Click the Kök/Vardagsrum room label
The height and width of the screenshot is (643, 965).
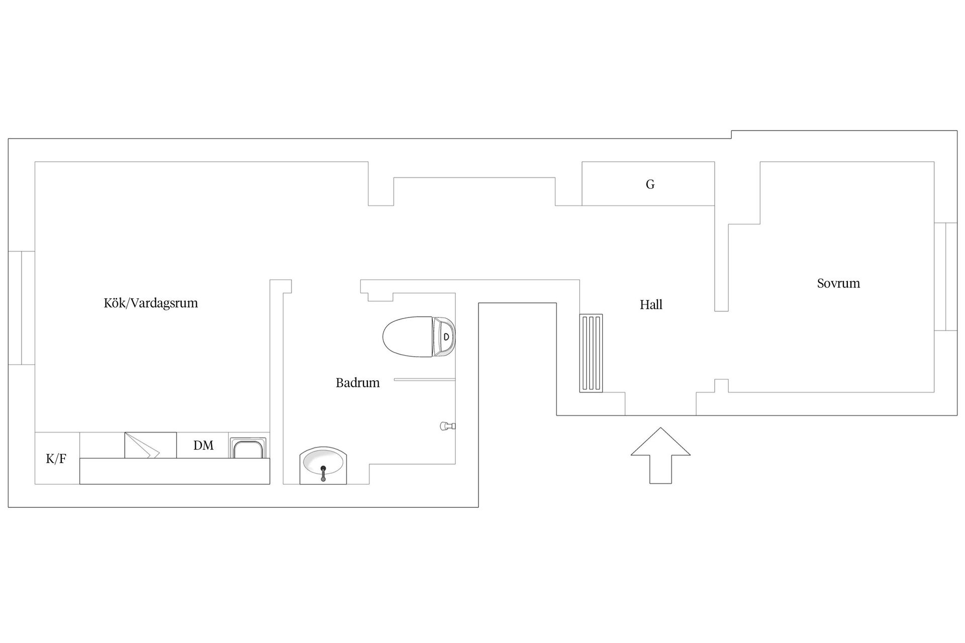(151, 303)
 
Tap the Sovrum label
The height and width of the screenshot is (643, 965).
(838, 283)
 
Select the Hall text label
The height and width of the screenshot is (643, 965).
(651, 304)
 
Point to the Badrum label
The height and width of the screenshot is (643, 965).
(357, 383)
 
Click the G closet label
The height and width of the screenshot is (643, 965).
(650, 184)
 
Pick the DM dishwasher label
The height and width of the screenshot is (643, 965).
(204, 445)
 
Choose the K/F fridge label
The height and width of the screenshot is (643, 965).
(56, 459)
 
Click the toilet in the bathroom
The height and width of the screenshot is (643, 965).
(419, 337)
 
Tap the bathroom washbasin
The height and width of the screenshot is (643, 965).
(323, 466)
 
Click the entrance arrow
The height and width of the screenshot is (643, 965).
(660, 456)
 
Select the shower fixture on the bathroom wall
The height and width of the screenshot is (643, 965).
(447, 426)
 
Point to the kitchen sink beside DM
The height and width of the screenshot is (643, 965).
(248, 448)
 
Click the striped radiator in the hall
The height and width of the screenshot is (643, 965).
(591, 353)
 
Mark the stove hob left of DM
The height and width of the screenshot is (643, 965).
(150, 445)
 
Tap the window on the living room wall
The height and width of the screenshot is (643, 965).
(22, 307)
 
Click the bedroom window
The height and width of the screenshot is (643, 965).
(946, 276)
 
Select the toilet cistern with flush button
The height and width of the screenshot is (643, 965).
(444, 337)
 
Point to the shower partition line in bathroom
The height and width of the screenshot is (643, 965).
(425, 379)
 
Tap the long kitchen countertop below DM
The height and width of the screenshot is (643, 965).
(175, 471)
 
